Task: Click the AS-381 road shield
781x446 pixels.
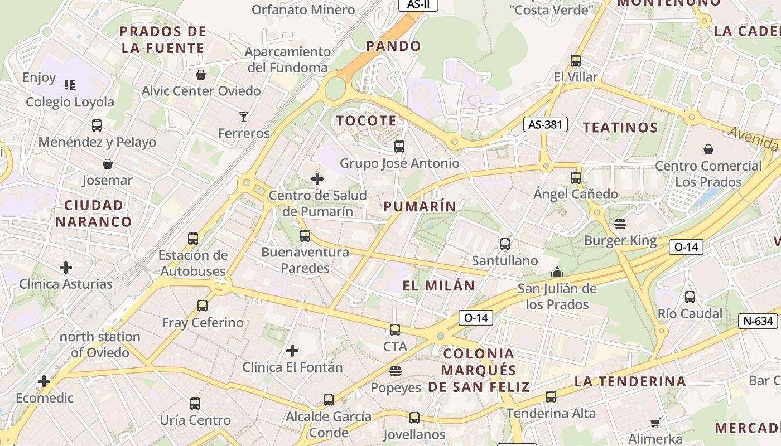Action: (545, 124)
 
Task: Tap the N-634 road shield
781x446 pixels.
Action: (759, 321)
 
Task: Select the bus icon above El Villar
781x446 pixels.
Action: (576, 61)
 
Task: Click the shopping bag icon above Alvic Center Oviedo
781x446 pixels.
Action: (201, 75)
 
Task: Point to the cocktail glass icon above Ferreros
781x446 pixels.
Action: (244, 117)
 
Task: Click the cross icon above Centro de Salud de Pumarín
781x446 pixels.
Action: (317, 179)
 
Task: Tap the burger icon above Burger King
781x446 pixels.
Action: (620, 224)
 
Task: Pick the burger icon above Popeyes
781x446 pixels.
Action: (396, 371)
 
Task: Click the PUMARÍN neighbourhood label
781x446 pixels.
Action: (420, 206)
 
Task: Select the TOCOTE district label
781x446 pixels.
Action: (367, 120)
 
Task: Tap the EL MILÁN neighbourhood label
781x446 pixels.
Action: (439, 285)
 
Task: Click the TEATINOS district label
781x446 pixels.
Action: (620, 127)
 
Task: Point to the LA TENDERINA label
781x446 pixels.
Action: (630, 381)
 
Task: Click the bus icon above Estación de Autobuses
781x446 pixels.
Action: (193, 239)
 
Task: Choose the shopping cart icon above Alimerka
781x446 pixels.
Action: (655, 423)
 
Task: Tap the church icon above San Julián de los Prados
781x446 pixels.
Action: (557, 273)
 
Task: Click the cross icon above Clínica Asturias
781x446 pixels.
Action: (66, 268)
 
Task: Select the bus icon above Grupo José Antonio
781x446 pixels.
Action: (399, 147)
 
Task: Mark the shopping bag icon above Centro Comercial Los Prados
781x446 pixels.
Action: (708, 149)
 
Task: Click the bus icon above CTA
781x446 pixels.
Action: (395, 330)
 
